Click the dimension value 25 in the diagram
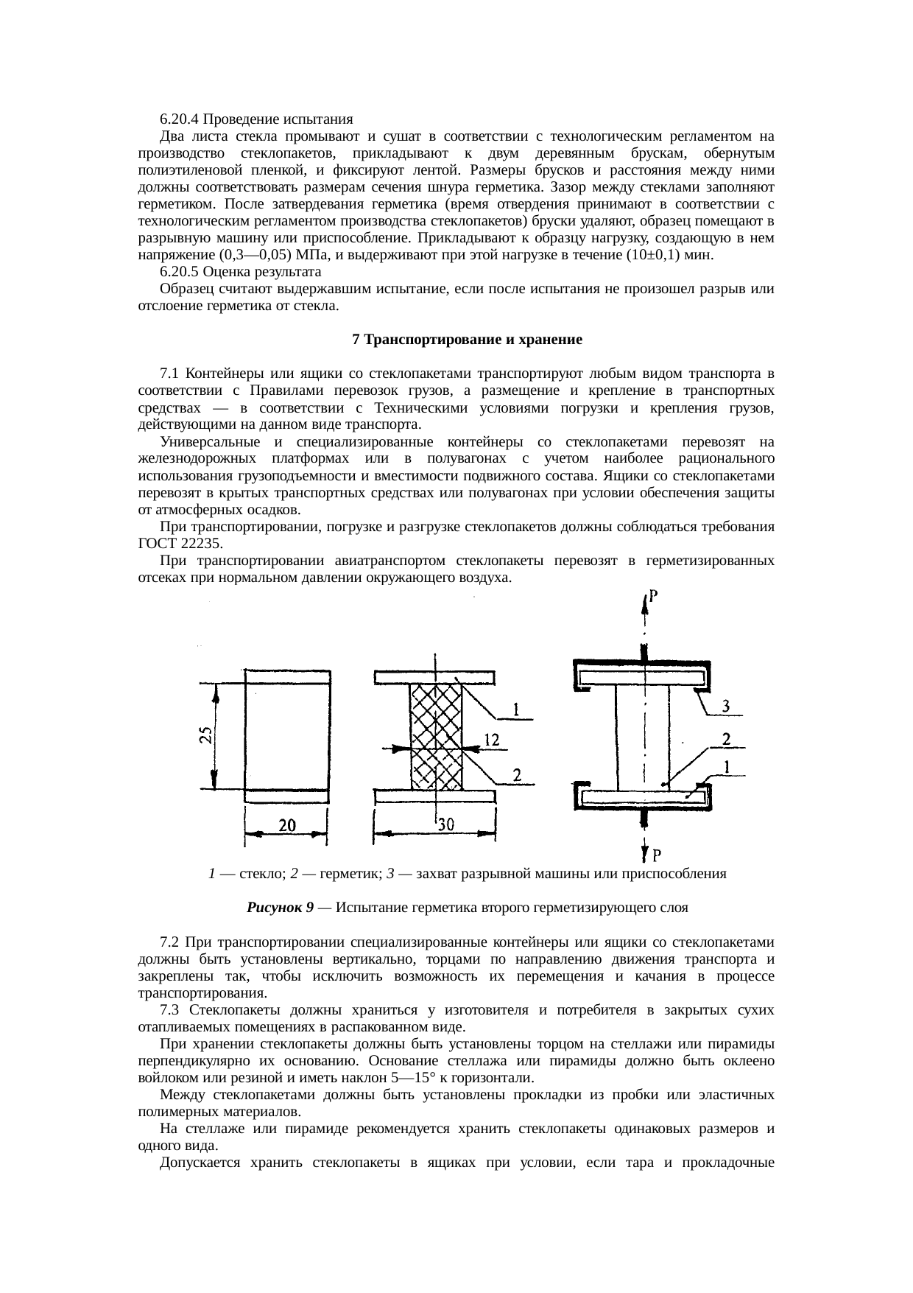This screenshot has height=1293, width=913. tap(207, 736)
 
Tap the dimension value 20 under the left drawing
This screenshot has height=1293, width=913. tap(287, 826)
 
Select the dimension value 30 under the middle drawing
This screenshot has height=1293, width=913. tap(445, 826)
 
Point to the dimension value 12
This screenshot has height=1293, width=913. tap(492, 740)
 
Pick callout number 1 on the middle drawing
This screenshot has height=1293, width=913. tap(518, 710)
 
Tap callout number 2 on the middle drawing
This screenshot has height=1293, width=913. tap(518, 774)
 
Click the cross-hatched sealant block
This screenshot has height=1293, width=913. tap(436, 737)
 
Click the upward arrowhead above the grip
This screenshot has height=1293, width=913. tap(646, 600)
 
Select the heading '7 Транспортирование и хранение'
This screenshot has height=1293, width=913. tap(468, 340)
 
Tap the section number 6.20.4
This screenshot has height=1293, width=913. tap(180, 119)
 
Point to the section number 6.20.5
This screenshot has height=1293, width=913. tap(180, 272)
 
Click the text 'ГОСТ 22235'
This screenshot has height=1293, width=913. tap(180, 544)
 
